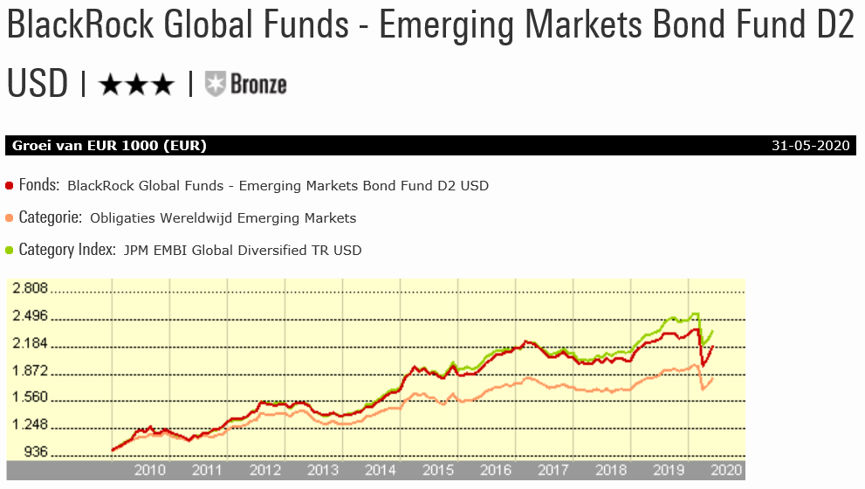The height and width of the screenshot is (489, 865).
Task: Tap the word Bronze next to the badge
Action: pos(258,84)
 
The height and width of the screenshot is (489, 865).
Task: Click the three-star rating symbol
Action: pos(136,84)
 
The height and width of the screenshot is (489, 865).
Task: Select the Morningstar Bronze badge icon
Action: pos(215,84)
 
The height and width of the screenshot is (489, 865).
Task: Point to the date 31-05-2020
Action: pos(812,146)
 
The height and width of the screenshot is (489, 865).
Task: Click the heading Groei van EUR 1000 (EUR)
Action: pos(109,146)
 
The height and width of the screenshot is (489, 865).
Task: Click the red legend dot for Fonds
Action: pos(10,185)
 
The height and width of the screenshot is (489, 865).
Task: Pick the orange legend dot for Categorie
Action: pos(10,217)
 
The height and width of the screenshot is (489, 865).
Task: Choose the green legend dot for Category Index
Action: pos(10,250)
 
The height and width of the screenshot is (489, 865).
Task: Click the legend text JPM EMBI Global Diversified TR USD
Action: pos(242,251)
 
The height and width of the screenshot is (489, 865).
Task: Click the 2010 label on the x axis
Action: pos(149,472)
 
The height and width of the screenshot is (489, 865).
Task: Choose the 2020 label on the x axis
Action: pos(725,472)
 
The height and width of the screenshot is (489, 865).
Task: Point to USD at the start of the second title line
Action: pos(37,84)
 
